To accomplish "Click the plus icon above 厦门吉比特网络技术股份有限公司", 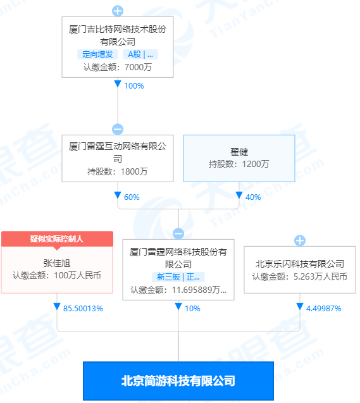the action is [118, 11].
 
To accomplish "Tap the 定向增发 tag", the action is [97, 54].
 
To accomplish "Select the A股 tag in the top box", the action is [140, 54].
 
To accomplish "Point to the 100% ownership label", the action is [134, 86].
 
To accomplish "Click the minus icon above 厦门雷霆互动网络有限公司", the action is [118, 129].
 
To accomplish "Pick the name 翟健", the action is [239, 152].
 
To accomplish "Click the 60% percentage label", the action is [132, 197].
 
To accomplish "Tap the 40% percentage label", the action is [253, 197].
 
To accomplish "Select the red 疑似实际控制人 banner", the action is [57, 239].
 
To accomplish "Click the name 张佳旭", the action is [57, 263].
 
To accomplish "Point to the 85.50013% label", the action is [83, 309].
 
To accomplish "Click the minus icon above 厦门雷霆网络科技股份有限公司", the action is [178, 233].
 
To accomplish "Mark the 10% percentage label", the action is [192, 309].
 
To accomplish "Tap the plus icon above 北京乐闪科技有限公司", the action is [300, 240].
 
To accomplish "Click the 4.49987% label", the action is [323, 309].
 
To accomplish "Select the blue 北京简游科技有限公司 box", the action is [178, 381].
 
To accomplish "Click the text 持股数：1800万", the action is [118, 171].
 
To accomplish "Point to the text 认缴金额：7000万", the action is [118, 67].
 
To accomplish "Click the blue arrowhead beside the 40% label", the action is [239, 195].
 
